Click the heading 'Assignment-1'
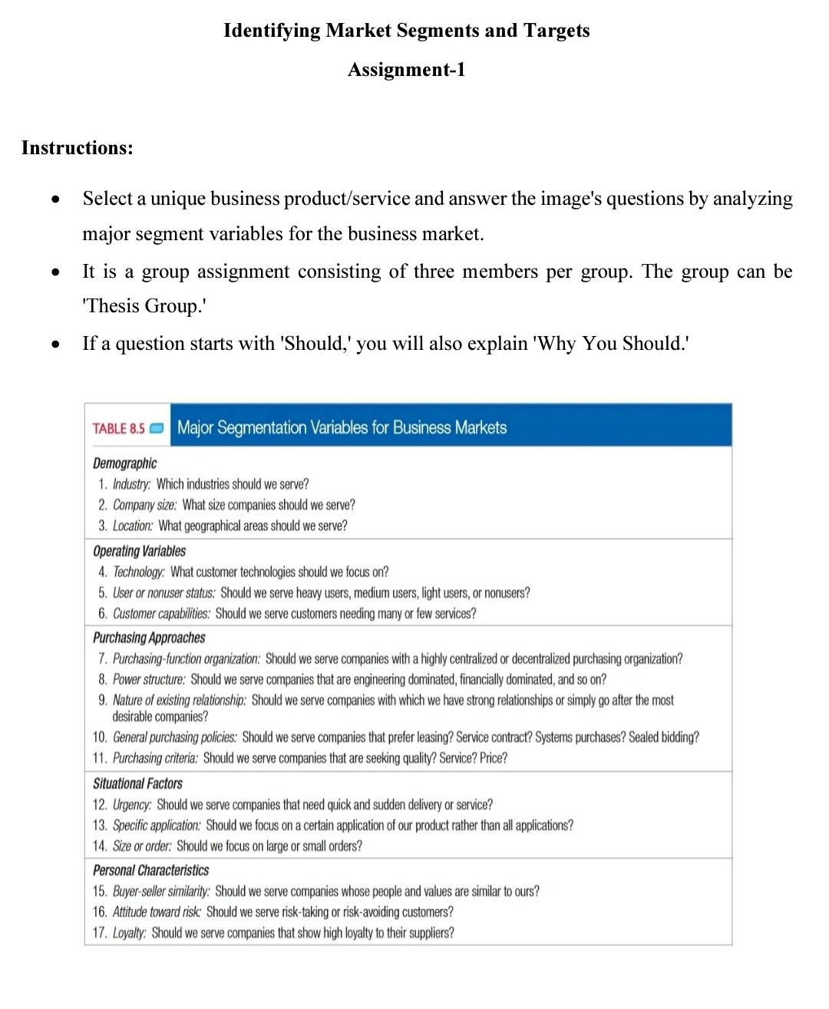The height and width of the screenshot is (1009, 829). tap(406, 70)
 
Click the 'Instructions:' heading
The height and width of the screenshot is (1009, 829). tap(78, 147)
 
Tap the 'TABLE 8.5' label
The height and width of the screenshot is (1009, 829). tap(118, 428)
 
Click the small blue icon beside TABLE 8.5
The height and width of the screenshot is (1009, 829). tap(157, 428)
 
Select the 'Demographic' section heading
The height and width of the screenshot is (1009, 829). tap(124, 463)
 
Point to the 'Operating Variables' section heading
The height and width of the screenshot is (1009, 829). tap(139, 551)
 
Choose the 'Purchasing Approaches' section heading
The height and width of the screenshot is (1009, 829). tap(149, 638)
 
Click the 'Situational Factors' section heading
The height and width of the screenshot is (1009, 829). tap(137, 783)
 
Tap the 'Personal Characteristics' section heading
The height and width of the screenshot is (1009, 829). tap(150, 870)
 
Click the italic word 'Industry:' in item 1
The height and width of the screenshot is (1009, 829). tap(132, 484)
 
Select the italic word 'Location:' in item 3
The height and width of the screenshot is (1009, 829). tap(133, 526)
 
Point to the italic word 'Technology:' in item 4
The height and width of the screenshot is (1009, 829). tap(139, 572)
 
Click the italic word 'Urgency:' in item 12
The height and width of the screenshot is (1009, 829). tap(132, 805)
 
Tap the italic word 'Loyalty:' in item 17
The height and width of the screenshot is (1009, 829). tap(129, 933)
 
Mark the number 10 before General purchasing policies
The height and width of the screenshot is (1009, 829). tap(100, 737)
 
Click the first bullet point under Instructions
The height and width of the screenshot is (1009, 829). tap(54, 199)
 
